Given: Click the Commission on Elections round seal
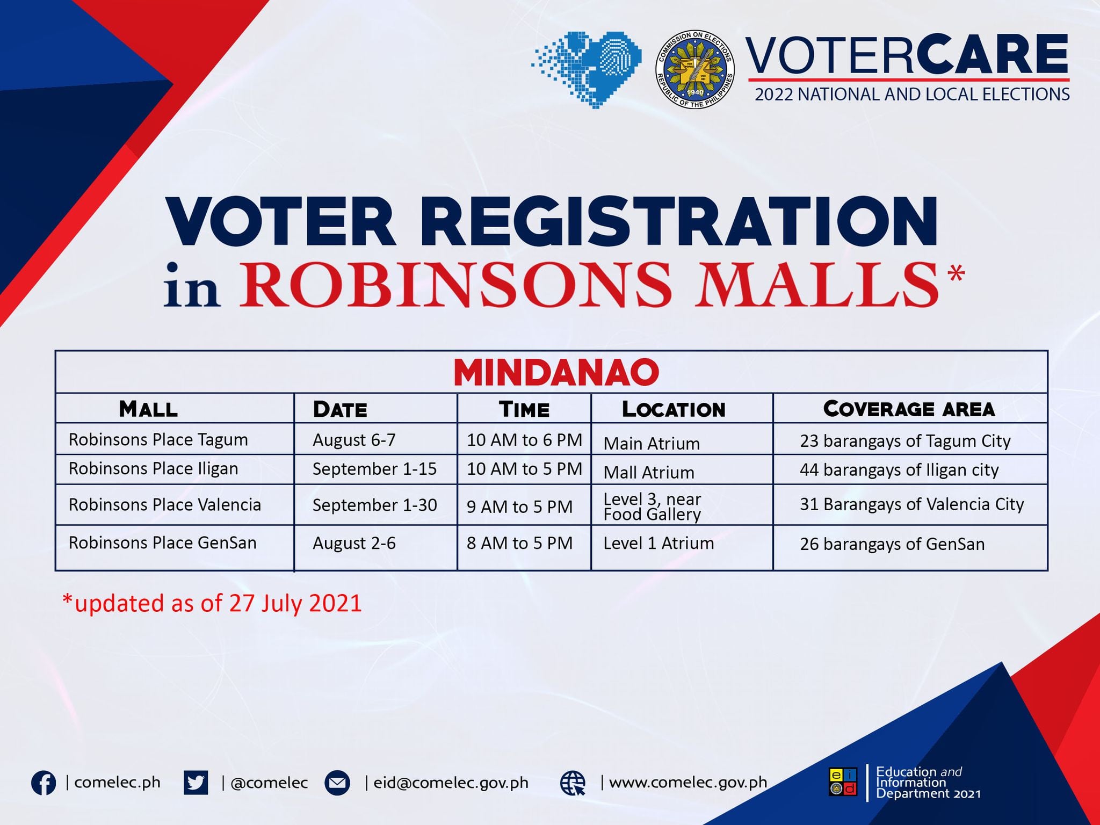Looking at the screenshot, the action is point(695,69).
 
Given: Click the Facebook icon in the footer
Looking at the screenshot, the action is point(44,783).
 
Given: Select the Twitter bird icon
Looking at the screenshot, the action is point(196,783).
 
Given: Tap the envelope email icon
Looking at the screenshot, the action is point(337,783).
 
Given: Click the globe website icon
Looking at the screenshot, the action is point(573,783).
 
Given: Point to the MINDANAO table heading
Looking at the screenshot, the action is point(556,372).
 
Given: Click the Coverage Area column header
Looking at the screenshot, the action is point(909,409).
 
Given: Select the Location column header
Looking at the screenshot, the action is point(674,409).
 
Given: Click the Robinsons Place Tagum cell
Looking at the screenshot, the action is point(158,440).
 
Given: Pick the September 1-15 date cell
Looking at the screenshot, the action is point(374,469).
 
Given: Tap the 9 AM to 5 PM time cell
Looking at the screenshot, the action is point(519,506).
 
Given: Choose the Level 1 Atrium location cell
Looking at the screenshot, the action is point(658,543).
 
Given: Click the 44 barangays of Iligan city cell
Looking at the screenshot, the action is point(899,470).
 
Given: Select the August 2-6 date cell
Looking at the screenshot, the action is point(354,544).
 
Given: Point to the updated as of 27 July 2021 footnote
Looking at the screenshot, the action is point(212,603).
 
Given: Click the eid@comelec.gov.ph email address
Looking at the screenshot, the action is point(451,783).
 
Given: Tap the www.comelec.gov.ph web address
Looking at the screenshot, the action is point(688,783).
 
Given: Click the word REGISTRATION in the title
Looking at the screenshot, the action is point(678,222).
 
